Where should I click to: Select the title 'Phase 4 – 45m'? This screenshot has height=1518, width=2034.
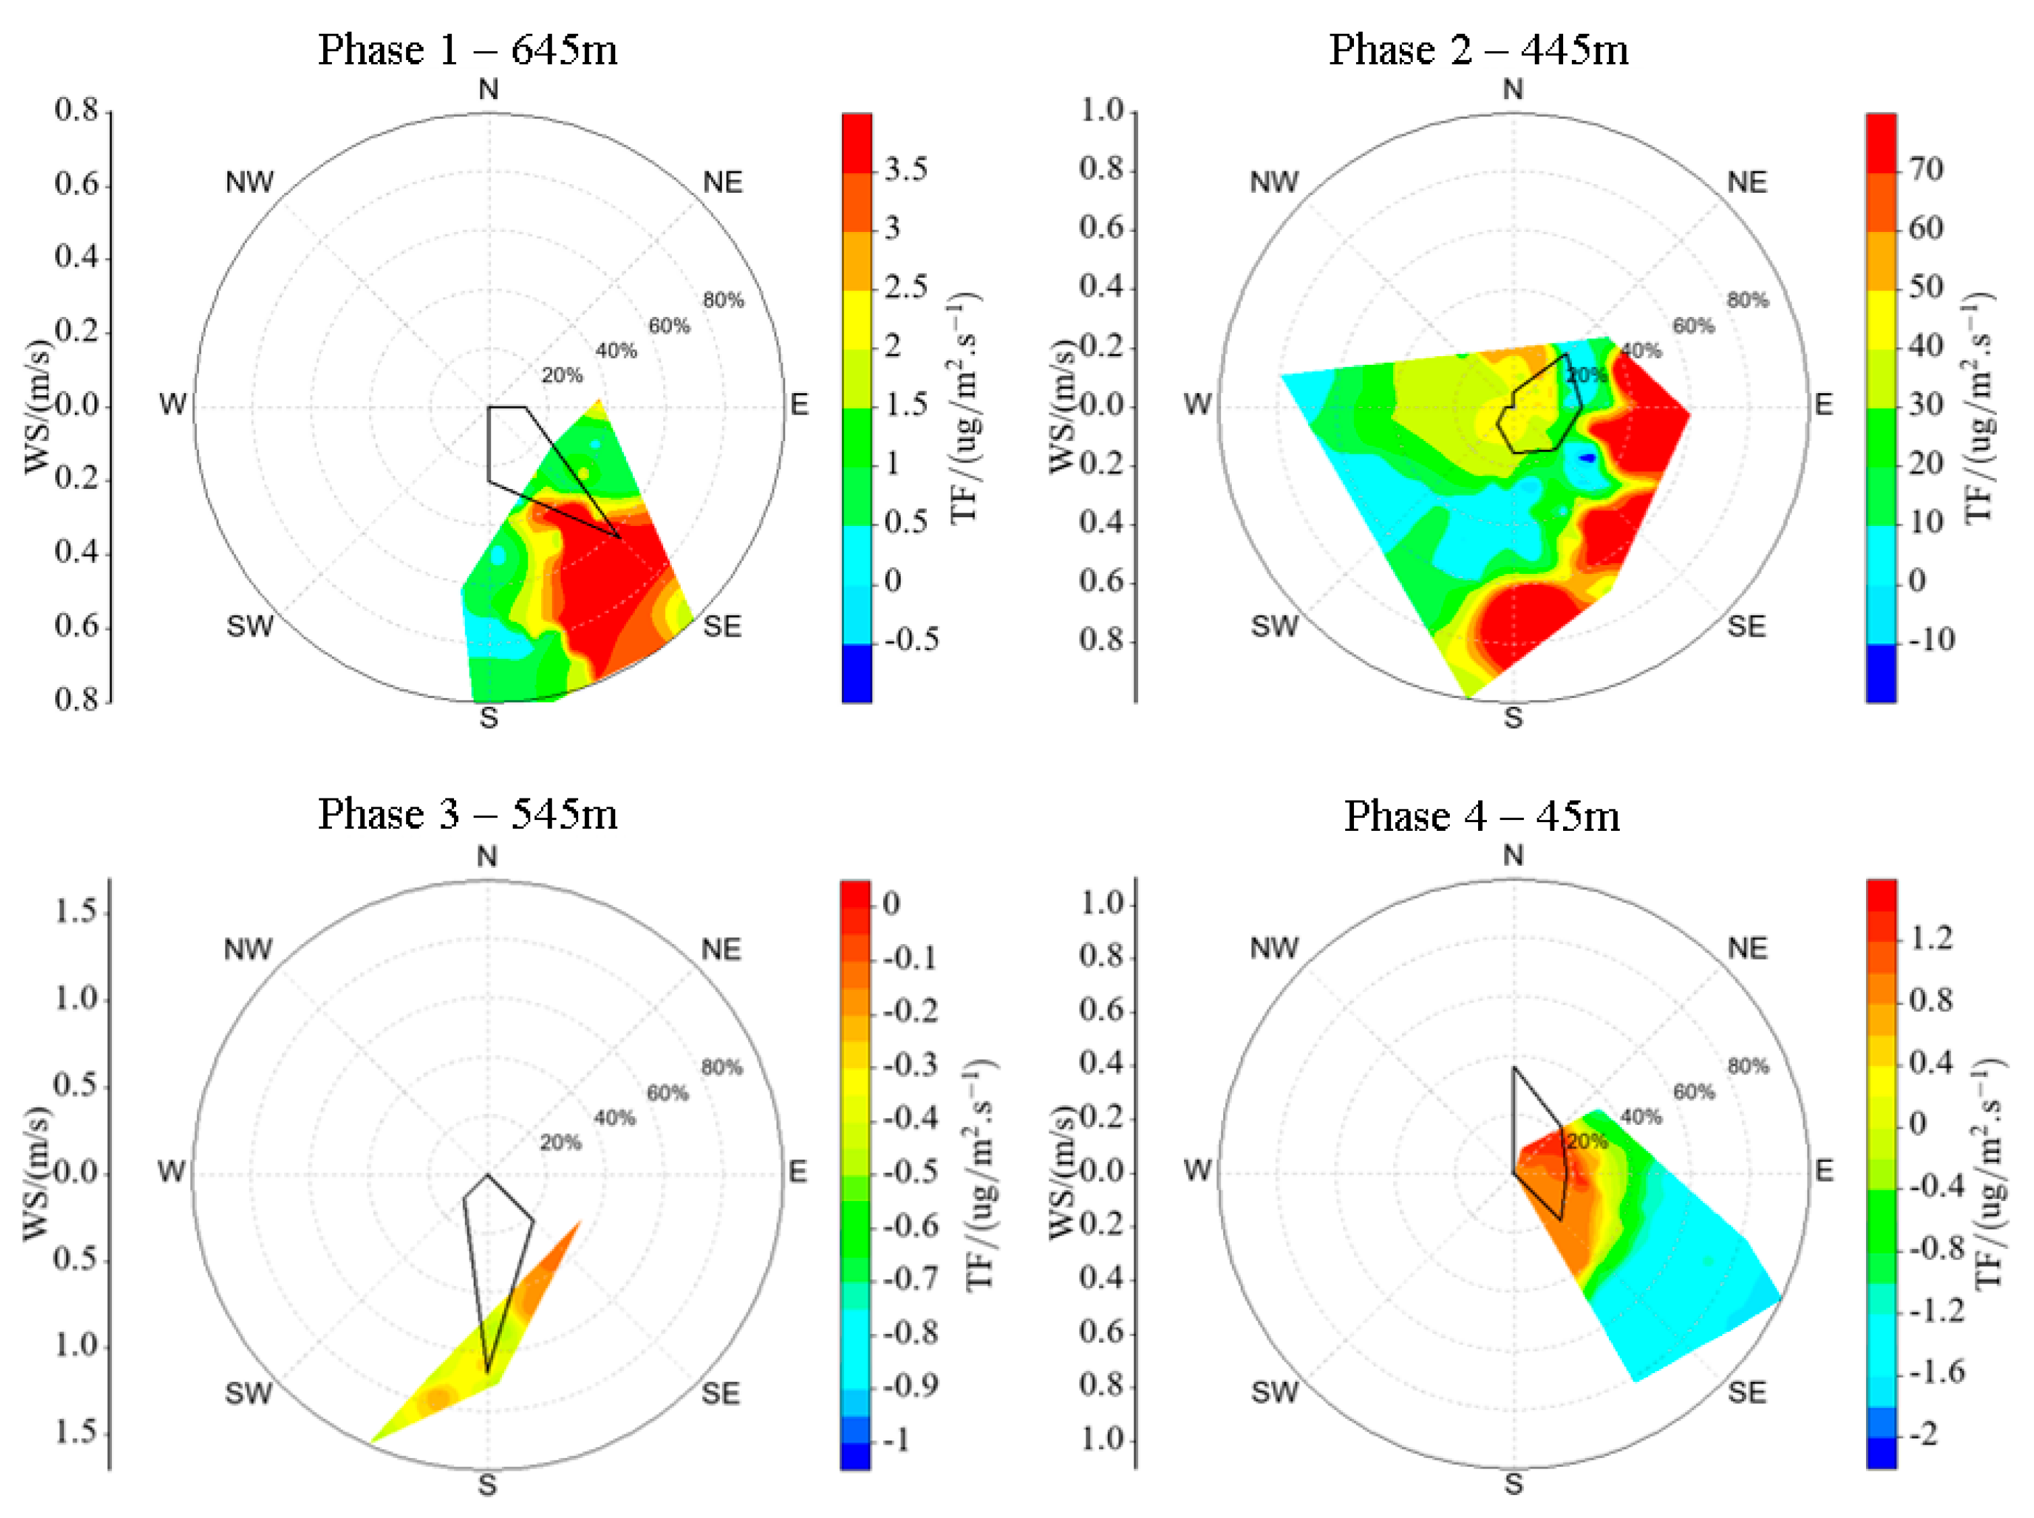click(x=1481, y=815)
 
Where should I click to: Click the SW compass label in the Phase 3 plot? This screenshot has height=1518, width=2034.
click(x=248, y=1393)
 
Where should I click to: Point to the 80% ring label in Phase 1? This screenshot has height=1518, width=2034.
click(x=723, y=301)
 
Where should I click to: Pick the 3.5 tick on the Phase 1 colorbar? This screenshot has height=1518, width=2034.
click(x=905, y=169)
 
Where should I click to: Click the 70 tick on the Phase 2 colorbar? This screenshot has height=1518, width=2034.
click(x=1925, y=169)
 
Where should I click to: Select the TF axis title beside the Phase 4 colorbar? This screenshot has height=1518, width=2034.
click(x=1988, y=1173)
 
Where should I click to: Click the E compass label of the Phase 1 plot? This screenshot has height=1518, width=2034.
click(x=799, y=405)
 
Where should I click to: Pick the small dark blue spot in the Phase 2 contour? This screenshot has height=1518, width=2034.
click(x=1587, y=457)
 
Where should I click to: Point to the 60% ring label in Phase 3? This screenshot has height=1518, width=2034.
click(x=667, y=1092)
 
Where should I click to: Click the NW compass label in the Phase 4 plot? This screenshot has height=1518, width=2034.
click(x=1273, y=948)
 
